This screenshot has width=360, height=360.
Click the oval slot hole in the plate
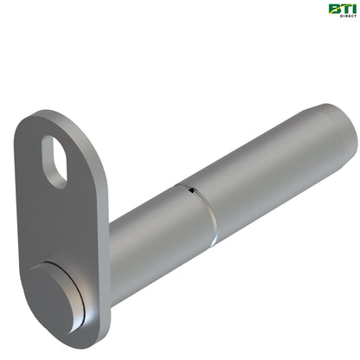tap(54, 160)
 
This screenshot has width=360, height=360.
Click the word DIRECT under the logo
tap(345, 16)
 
